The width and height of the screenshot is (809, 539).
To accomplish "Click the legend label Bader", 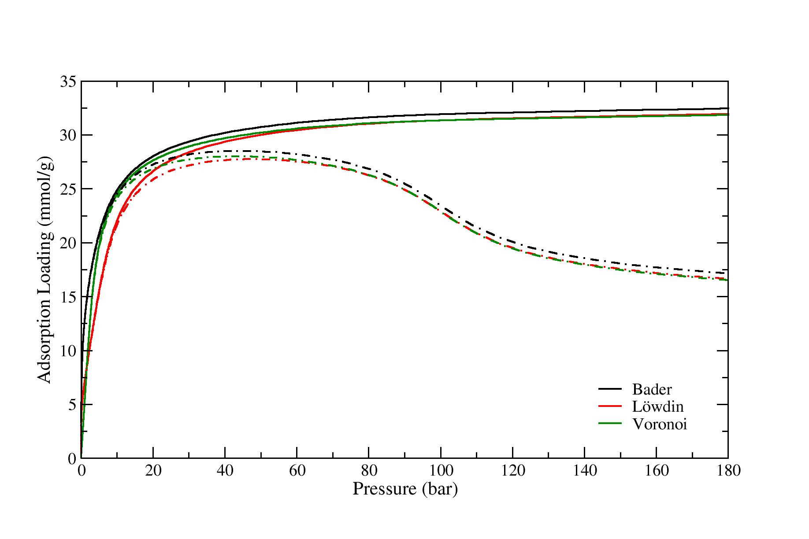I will [652, 389].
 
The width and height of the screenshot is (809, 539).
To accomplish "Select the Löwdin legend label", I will [658, 406].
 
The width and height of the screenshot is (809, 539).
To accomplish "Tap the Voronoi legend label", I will [660, 424].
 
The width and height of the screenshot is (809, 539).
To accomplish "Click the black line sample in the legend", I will [610, 389].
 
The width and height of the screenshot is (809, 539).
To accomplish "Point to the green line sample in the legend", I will [610, 424].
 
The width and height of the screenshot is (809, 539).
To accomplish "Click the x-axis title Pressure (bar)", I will [405, 489].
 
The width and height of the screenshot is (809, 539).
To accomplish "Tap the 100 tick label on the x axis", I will [441, 471].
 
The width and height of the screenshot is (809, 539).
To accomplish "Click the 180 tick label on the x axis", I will [728, 471].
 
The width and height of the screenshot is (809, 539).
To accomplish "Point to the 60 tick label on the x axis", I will [297, 471].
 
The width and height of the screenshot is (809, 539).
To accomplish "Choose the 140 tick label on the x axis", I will [584, 471].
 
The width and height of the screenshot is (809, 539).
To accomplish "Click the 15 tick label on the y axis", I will [67, 297].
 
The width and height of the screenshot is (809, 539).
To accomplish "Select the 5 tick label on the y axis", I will [72, 405].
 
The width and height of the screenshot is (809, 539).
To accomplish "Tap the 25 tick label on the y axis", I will [67, 189].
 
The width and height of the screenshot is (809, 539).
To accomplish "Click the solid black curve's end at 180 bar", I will [727, 108].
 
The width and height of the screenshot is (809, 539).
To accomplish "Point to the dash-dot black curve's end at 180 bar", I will [727, 273].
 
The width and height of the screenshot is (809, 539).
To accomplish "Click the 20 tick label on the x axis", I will [153, 471].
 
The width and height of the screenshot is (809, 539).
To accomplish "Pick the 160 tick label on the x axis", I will [656, 471].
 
